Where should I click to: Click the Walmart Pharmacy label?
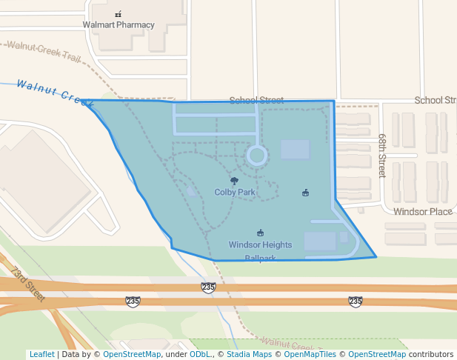(x=119, y=24)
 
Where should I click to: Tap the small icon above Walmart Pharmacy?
(x=118, y=14)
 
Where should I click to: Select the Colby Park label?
(x=235, y=192)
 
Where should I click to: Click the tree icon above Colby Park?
(x=235, y=181)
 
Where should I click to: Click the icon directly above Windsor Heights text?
(x=260, y=233)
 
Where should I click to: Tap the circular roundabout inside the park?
(x=256, y=156)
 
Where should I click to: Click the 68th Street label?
(x=382, y=156)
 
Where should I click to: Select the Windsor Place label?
(x=423, y=212)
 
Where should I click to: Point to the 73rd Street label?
(x=28, y=284)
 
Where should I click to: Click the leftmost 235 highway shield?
(x=133, y=301)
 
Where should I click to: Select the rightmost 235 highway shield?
(x=356, y=301)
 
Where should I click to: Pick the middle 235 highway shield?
(x=208, y=287)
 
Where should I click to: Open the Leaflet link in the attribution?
(x=41, y=355)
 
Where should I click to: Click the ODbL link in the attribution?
(x=200, y=355)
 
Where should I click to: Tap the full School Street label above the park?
(x=256, y=100)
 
